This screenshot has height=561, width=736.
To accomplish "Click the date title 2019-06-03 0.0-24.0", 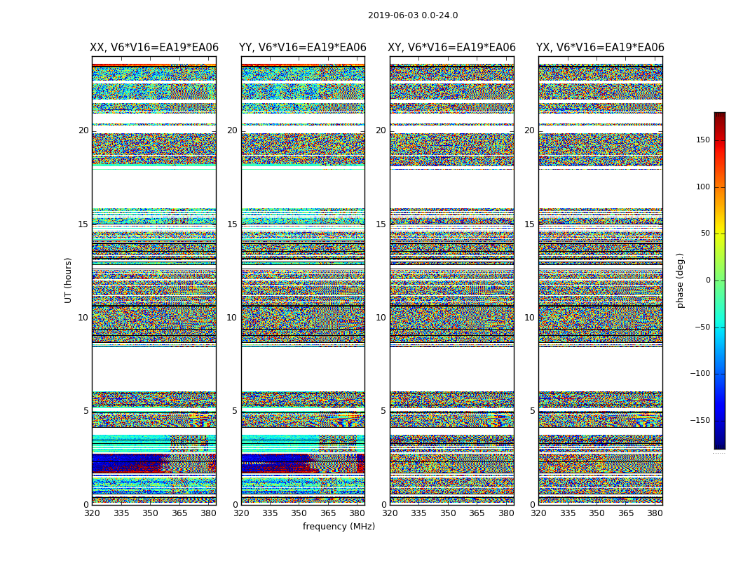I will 413,15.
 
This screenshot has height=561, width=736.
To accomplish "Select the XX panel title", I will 154,48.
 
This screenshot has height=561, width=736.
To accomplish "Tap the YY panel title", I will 303,48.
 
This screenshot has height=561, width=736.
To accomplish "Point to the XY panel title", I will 452,48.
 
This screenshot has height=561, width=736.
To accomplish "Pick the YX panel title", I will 600,48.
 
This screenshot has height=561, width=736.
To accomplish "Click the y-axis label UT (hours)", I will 68,280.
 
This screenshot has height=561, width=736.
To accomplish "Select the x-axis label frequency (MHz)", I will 339,527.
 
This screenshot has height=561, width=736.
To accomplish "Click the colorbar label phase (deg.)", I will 680,280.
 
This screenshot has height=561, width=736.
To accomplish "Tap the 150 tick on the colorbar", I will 703,140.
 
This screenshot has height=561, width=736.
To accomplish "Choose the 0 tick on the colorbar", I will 708,280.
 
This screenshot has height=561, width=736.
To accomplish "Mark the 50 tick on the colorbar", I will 705,234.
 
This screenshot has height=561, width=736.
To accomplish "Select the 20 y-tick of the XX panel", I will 83,130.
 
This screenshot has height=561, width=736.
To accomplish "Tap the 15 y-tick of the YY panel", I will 232,224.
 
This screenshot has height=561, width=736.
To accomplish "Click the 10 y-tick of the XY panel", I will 381,318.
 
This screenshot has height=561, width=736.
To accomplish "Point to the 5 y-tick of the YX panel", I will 532,411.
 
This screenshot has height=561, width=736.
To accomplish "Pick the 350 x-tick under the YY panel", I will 299,514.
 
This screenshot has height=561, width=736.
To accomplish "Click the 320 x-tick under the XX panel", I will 92,514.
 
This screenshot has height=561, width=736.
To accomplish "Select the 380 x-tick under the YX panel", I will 655,514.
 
